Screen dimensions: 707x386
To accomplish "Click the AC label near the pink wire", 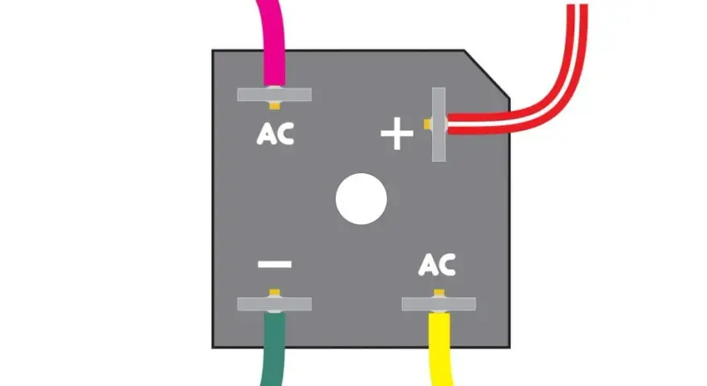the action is click(x=275, y=134).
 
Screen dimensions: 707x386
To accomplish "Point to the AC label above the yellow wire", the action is click(x=437, y=265).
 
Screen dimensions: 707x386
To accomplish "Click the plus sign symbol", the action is click(x=397, y=133).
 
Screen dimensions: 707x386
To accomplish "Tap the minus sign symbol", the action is click(x=275, y=264).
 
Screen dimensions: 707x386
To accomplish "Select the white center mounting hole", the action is click(x=362, y=199).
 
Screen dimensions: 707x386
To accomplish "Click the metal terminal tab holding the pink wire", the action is click(x=275, y=94).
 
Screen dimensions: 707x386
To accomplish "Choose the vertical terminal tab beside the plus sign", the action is click(x=439, y=125).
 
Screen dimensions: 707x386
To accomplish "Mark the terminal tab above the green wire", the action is click(x=275, y=304).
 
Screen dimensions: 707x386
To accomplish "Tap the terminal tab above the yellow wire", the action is click(x=439, y=304).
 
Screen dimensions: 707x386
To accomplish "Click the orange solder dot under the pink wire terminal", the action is click(x=275, y=105).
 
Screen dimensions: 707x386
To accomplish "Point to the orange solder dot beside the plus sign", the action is click(x=427, y=124).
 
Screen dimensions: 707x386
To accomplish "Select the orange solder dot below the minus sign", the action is click(x=275, y=293).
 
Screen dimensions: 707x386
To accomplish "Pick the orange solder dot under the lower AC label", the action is click(x=439, y=293).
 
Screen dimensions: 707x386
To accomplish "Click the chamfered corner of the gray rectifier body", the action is click(x=487, y=74).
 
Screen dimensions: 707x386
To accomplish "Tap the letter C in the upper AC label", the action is click(x=285, y=134).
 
